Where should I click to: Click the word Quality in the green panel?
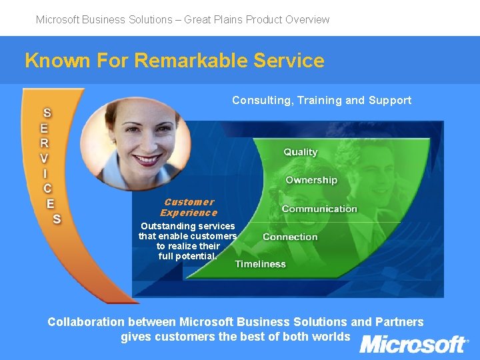click(300, 152)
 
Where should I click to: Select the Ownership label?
click(311, 180)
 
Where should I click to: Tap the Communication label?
click(319, 209)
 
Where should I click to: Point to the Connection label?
click(290, 237)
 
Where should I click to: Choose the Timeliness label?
click(260, 264)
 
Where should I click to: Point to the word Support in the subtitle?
click(390, 101)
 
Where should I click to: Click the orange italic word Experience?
click(189, 213)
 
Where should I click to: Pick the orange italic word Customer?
click(189, 202)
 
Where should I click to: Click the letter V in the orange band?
click(44, 158)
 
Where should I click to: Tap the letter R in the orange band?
click(44, 143)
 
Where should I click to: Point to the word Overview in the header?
click(307, 19)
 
